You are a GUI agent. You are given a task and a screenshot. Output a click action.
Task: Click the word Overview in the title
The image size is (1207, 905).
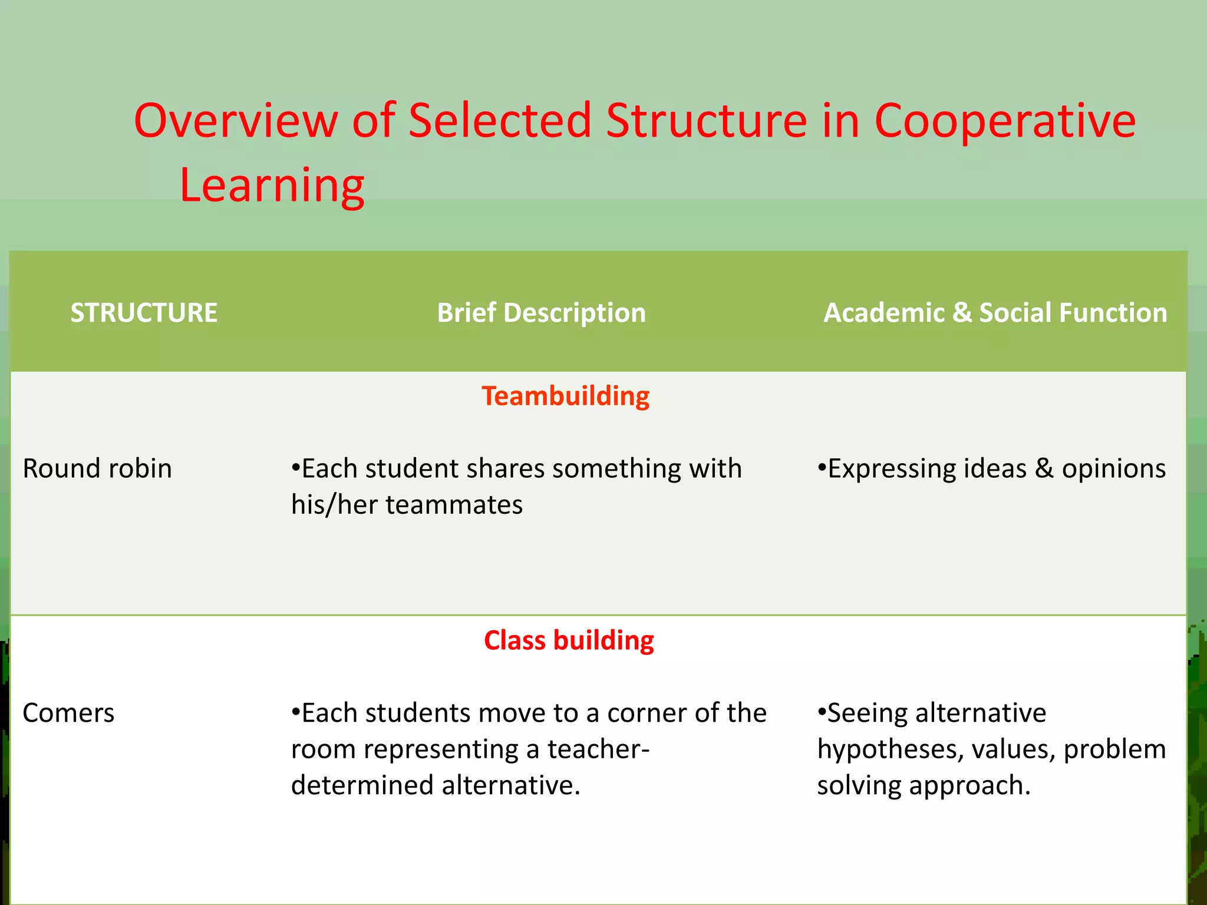pos(236,121)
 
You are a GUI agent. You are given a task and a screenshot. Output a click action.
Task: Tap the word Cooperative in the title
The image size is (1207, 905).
pos(1005,121)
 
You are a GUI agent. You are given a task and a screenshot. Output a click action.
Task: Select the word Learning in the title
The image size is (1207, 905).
pos(272,185)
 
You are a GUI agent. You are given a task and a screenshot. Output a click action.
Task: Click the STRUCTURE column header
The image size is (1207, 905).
pos(144,313)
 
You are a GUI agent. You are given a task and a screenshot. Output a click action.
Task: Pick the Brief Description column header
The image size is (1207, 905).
pos(541,313)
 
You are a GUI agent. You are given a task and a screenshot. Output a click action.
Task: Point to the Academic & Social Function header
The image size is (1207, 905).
pos(995,313)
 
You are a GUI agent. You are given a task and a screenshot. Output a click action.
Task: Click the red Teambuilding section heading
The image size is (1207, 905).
pos(565,396)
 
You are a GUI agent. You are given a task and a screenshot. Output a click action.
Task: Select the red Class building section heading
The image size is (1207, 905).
pos(569,640)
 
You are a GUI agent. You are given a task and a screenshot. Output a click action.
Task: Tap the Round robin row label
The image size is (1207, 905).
pos(97,469)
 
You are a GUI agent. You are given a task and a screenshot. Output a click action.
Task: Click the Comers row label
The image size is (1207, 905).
pos(68,713)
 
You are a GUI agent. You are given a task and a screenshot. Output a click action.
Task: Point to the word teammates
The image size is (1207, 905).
pos(454,505)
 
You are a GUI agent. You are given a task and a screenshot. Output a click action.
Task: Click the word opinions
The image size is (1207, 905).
pos(1113,469)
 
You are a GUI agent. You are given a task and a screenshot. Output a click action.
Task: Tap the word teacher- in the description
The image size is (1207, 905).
pos(598,749)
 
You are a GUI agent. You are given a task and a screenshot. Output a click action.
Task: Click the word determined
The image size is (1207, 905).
pos(362,785)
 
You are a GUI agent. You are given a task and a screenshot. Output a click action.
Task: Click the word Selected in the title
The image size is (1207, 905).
pos(500,121)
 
